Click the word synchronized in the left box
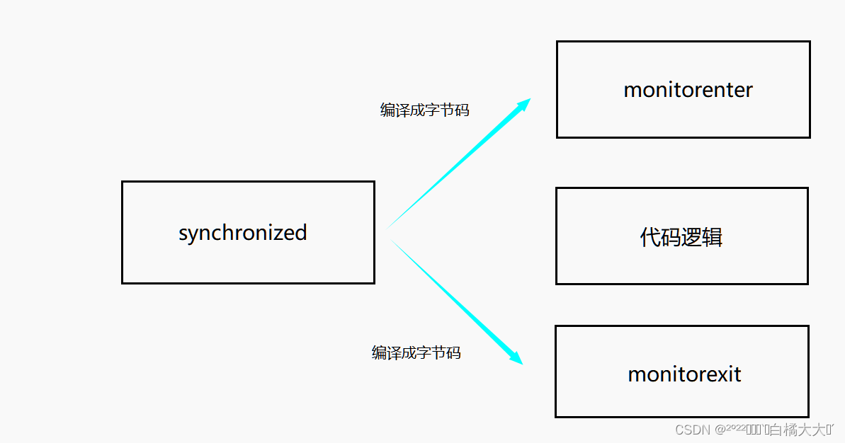tap(242, 233)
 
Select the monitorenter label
tap(688, 90)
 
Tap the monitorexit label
tap(684, 373)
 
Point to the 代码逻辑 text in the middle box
tap(681, 237)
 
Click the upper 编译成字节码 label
tap(424, 110)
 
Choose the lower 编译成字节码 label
tap(416, 352)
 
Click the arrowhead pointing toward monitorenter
tap(525, 104)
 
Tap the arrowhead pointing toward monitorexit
tap(516, 359)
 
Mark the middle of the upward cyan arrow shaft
tap(457, 166)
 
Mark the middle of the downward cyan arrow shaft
tap(453, 299)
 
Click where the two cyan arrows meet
tap(387, 232)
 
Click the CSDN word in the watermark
tap(693, 430)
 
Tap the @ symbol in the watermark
tap(720, 430)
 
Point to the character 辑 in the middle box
tap(713, 237)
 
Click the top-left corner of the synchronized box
tap(123, 182)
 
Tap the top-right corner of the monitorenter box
tap(809, 42)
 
